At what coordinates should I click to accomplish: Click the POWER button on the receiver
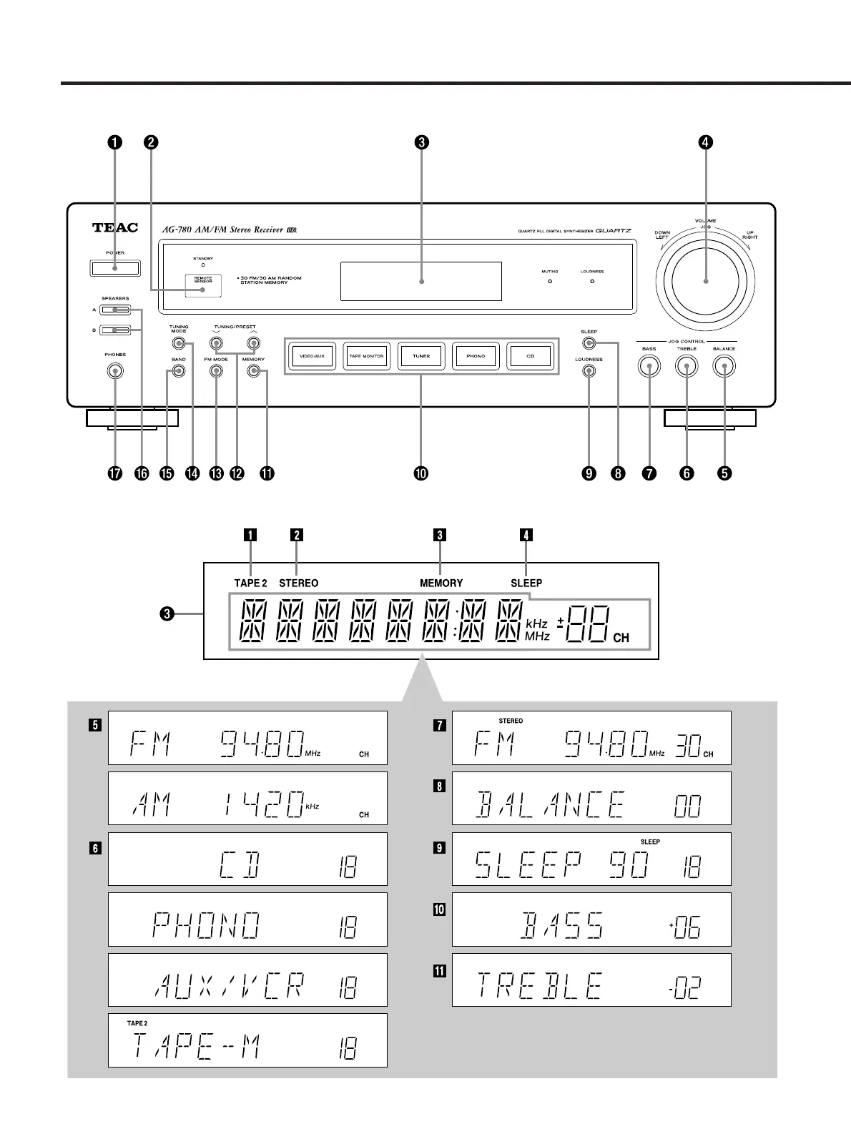[x=114, y=268]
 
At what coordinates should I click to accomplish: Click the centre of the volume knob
[x=705, y=282]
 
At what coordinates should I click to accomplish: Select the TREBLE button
[x=687, y=367]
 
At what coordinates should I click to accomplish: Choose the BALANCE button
[x=724, y=367]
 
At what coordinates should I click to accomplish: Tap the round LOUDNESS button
[x=589, y=371]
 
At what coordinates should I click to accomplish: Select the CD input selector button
[x=531, y=356]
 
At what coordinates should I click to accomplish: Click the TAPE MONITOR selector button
[x=366, y=356]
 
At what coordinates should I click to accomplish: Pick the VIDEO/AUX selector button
[x=312, y=356]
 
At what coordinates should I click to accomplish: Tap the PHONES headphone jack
[x=114, y=370]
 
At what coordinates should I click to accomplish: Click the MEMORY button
[x=253, y=371]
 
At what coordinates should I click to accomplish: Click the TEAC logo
[x=114, y=229]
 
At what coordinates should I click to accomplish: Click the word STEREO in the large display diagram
[x=299, y=583]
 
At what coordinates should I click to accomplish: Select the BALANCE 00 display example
[x=591, y=798]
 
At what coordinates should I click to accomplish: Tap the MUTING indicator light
[x=550, y=282]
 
